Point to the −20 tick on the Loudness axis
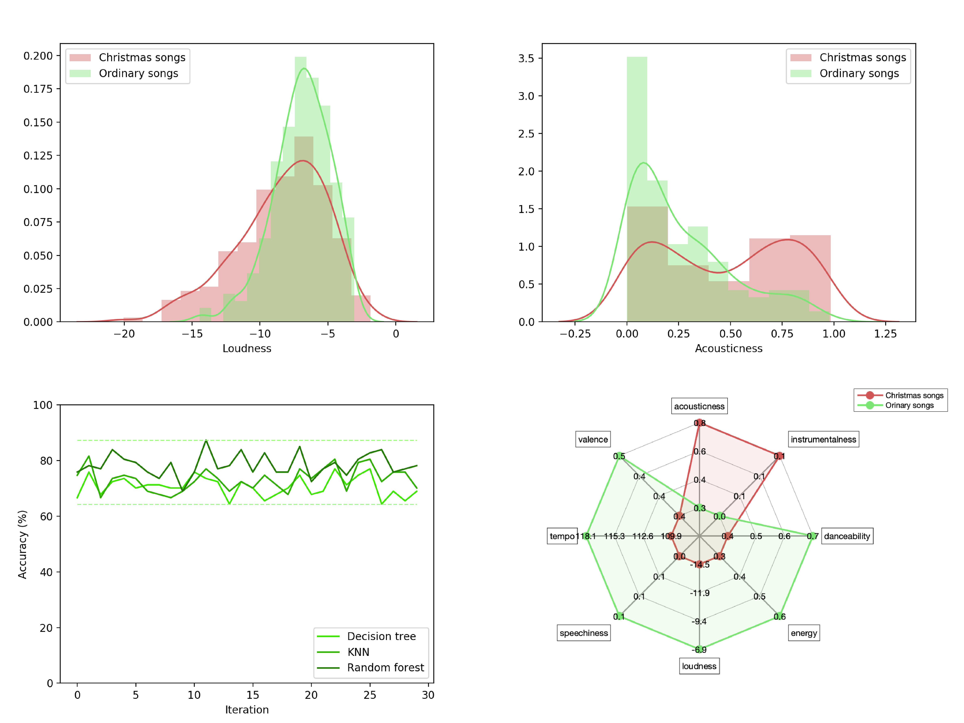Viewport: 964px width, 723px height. pos(124,334)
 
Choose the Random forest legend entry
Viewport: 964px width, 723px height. pos(385,668)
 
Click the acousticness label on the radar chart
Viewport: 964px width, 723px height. pos(699,406)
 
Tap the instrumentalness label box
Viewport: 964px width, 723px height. pos(823,439)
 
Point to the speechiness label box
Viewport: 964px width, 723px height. pos(584,633)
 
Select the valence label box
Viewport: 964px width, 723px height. pos(593,439)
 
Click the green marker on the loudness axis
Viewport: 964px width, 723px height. pos(700,649)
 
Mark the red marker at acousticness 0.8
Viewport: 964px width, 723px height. pos(700,423)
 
